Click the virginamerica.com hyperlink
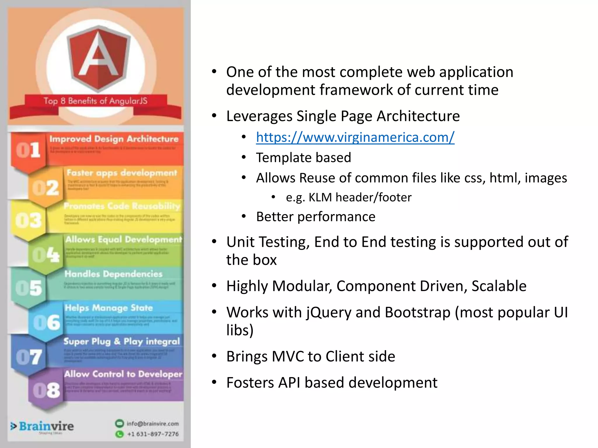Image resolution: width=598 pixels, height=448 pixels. pos(355,137)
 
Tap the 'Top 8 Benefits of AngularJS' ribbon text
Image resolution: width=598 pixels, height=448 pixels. pos(95,101)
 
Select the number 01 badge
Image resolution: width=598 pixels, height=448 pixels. pos(28,150)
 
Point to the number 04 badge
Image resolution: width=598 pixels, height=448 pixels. pos(46,255)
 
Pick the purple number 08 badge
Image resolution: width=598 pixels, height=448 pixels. pos(46,390)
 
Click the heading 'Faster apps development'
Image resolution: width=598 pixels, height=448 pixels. pos(122,173)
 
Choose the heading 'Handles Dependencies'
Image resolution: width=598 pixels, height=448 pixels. pos(113,274)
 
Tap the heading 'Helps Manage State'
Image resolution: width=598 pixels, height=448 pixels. pos(109,308)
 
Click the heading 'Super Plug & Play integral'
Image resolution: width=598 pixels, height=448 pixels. pos(121,341)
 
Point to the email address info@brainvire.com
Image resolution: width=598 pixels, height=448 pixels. pos(152,423)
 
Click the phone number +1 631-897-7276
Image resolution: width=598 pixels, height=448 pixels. pos(153,434)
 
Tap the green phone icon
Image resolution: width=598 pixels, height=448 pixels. pos(119,434)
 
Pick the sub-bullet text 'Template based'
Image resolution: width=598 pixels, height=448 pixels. pos(303,158)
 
